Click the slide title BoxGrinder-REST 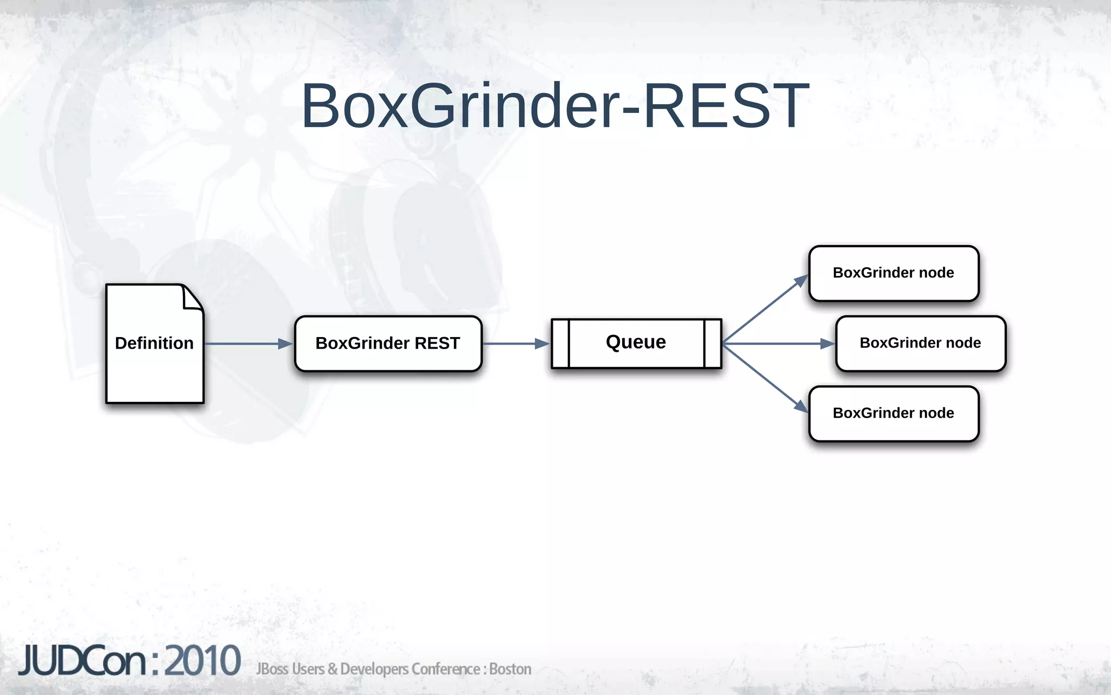coord(555,106)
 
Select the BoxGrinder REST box coord(388,344)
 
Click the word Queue coord(636,342)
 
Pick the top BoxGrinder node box coord(893,273)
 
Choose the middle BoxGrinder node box coord(921,343)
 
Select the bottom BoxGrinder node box coord(893,413)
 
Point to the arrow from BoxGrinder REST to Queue coord(515,344)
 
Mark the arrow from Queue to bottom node coord(765,377)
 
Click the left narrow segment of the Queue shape coord(560,344)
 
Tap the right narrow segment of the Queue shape coord(713,344)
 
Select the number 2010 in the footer coord(202,661)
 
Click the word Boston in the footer coord(510,669)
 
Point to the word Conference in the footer coord(445,669)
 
